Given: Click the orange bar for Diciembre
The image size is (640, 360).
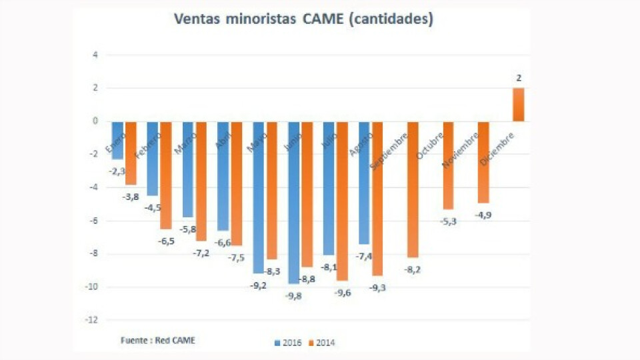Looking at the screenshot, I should click(518, 105).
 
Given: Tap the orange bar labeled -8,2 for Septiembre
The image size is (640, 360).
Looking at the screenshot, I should click(413, 189).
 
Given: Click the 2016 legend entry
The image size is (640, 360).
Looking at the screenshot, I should click(288, 343).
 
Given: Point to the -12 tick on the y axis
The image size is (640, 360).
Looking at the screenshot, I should click(93, 320).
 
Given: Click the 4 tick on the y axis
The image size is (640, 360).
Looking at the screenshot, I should click(95, 55).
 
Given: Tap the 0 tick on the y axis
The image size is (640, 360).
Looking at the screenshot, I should click(95, 121).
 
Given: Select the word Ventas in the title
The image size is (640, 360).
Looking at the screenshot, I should click(197, 19).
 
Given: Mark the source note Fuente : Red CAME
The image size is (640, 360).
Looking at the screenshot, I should click(158, 340).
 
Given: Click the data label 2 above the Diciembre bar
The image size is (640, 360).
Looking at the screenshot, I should click(518, 78).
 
